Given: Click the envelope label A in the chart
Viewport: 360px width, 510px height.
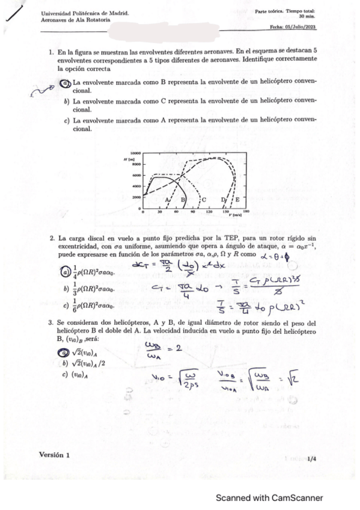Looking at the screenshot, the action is (166, 198).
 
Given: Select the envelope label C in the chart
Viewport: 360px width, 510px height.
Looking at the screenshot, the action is (204, 199).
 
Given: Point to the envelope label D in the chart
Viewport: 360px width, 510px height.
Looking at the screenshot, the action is (223, 199).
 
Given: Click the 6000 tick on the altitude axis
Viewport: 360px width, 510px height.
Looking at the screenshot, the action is (136, 175).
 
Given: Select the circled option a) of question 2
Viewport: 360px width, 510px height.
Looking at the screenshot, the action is (67, 272).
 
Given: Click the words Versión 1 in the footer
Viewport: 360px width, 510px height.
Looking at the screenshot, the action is (54, 455).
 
